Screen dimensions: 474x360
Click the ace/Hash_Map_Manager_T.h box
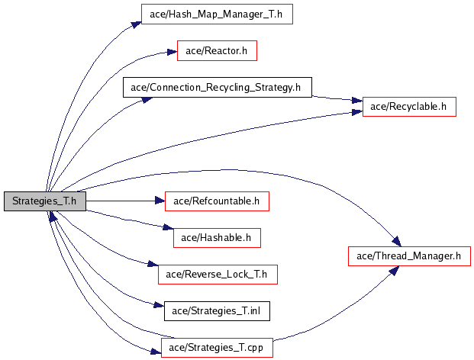point(217,14)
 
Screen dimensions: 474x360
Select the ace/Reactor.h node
point(217,51)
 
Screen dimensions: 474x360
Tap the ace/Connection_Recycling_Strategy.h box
point(218,87)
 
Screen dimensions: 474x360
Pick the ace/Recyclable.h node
point(409,107)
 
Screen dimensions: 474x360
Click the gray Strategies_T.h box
point(45,201)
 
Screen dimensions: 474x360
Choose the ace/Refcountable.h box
point(217,201)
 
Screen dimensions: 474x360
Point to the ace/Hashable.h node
point(217,238)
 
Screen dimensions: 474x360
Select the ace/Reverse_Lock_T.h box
point(218,275)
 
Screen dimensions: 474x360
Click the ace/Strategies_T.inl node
point(217,311)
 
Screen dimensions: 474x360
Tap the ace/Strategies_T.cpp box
point(217,348)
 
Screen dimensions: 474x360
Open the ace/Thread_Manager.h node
point(409,256)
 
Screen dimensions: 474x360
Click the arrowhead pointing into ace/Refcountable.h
point(160,201)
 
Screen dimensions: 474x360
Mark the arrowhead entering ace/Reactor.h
point(172,53)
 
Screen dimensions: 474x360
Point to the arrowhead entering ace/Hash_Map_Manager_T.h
point(137,24)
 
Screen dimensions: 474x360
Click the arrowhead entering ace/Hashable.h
point(169,227)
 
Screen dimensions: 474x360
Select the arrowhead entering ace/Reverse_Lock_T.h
point(153,264)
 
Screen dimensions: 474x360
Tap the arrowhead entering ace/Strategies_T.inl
point(159,305)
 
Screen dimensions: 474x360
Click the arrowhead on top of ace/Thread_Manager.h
point(397,242)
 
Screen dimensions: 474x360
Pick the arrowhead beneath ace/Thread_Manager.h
point(394,270)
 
